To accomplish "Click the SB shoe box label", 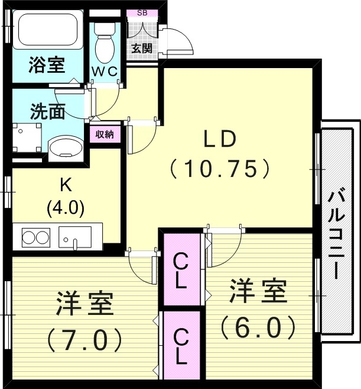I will coord(142,13).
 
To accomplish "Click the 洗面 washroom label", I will coord(47,111).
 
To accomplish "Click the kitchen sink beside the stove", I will coord(74,237).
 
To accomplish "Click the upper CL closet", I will coord(181,270).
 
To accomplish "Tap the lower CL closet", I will coord(181,346).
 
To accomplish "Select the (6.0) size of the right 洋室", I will coord(258,325).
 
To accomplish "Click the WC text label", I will coord(106,72).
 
